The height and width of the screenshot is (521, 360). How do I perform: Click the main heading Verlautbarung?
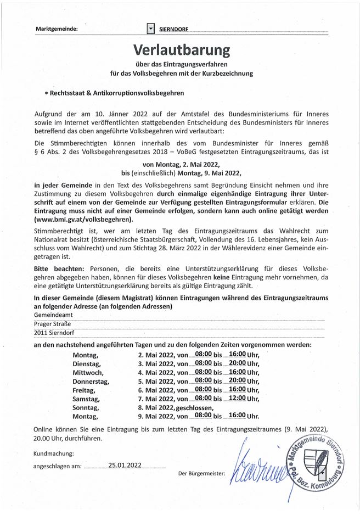click(x=180, y=51)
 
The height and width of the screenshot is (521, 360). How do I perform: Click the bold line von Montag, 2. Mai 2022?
click(x=181, y=164)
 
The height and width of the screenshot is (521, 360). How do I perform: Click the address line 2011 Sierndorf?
click(x=55, y=333)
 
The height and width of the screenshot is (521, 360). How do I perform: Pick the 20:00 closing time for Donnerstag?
click(x=237, y=381)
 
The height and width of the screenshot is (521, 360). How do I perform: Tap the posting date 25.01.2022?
click(x=125, y=465)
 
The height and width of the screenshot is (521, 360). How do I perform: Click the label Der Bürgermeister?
click(x=202, y=473)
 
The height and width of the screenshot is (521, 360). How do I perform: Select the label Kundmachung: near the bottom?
click(x=54, y=453)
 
